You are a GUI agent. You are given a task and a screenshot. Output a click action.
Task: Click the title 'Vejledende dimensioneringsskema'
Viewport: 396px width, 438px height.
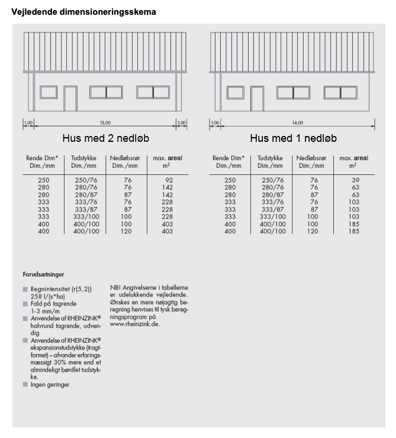point(83,11)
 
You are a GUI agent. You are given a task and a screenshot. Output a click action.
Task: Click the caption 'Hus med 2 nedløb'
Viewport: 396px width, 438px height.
point(105,138)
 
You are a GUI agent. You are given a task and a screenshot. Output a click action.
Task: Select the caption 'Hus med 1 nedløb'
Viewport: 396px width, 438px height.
point(293,138)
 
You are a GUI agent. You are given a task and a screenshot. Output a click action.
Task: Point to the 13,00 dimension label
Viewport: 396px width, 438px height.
point(105,122)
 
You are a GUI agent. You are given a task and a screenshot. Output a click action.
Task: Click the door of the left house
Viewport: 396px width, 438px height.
point(70,98)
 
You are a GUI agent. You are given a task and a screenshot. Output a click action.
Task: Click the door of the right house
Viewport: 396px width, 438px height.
point(257,98)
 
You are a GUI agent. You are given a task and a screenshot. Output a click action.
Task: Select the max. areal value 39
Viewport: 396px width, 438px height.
point(355,179)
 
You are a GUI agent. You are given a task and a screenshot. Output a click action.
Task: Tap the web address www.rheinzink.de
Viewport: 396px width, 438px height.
point(134,324)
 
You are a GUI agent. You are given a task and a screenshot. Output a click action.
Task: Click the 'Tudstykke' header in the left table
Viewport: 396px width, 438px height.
point(85,158)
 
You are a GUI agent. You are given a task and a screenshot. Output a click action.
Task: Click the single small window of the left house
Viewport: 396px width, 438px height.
point(48,92)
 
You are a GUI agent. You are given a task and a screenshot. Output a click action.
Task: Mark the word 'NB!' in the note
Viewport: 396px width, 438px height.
point(115,288)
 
